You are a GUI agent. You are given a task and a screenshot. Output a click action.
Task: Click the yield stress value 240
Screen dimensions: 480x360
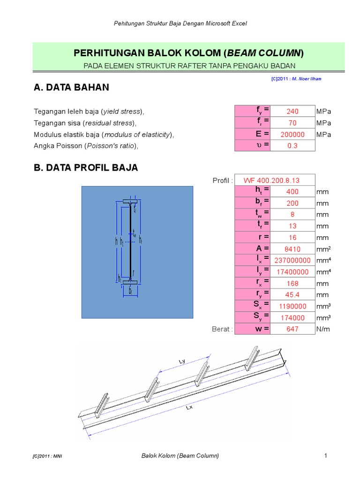[x=293, y=112]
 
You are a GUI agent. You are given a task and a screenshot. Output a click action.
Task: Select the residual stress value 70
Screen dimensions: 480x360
[x=293, y=123]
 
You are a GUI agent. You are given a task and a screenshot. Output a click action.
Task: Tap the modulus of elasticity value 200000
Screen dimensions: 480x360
[x=293, y=135]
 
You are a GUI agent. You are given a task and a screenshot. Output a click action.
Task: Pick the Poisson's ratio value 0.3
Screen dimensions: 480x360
[x=293, y=146]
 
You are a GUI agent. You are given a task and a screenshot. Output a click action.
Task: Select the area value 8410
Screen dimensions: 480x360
[x=293, y=249]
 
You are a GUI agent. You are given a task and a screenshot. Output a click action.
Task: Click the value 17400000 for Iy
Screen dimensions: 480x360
[x=293, y=272]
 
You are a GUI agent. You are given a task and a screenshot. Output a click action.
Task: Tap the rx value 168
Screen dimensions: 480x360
[x=293, y=284]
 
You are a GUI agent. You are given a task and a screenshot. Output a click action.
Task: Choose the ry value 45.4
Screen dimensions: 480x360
[x=293, y=295]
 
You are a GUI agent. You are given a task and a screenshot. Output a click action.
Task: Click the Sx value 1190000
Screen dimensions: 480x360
[x=293, y=306]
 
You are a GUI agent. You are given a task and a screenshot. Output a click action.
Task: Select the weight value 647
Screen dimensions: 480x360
[x=293, y=329]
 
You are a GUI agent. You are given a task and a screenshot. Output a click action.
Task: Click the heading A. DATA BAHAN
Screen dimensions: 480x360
[x=71, y=87]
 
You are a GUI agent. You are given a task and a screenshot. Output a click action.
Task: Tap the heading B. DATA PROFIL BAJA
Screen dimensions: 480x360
[x=86, y=168]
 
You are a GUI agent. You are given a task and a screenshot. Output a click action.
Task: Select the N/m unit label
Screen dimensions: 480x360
[x=323, y=329]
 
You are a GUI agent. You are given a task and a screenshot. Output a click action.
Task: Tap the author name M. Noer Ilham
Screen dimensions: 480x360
[x=307, y=79]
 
